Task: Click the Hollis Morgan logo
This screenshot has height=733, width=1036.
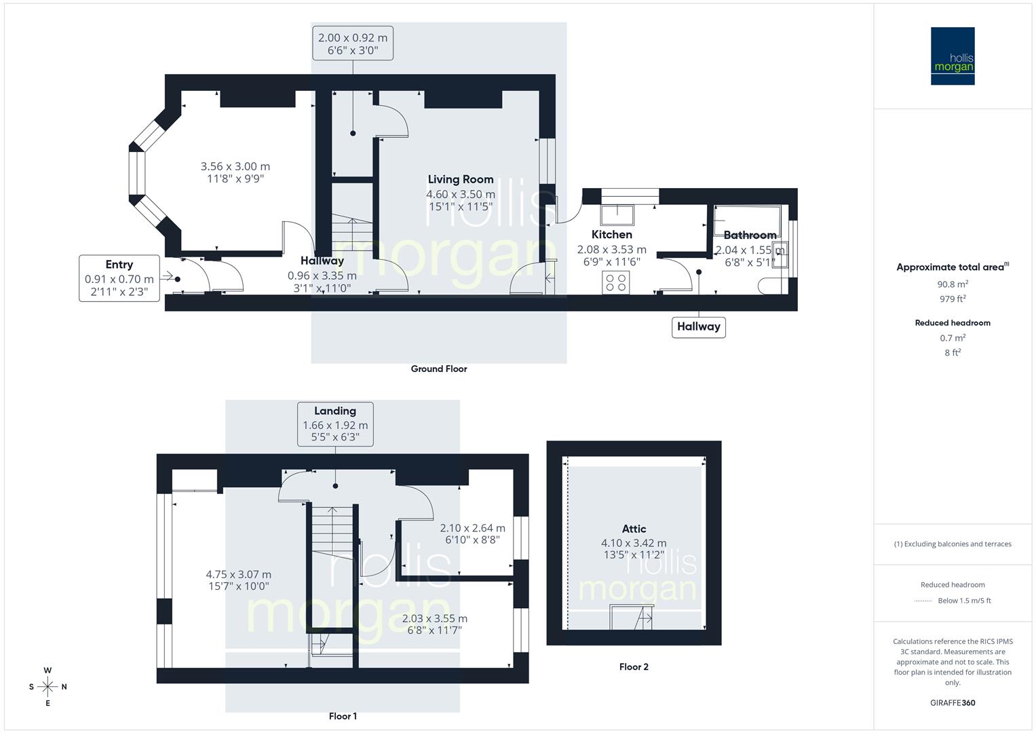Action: [x=952, y=56]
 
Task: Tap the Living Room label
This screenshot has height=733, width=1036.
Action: [x=460, y=180]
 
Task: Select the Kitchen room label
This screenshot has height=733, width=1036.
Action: [x=611, y=235]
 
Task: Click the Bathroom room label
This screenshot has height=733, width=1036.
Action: [x=750, y=235]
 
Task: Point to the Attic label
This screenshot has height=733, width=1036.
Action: [x=634, y=529]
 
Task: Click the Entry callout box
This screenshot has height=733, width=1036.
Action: [x=119, y=278]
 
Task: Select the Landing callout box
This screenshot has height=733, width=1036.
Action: [x=335, y=424]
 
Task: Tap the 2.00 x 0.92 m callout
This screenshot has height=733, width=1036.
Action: [x=352, y=44]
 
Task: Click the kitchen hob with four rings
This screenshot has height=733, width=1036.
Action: [x=616, y=282]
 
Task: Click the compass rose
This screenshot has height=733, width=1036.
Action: [x=47, y=687]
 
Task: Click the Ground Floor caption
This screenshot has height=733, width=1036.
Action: [x=439, y=369]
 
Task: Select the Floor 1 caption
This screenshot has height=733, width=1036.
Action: [x=343, y=716]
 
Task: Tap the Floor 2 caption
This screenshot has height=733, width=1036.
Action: [x=634, y=667]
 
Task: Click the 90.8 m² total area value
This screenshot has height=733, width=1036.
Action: [x=953, y=284]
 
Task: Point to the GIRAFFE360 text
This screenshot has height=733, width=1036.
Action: [x=953, y=702]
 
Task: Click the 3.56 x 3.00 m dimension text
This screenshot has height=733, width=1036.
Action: [x=235, y=166]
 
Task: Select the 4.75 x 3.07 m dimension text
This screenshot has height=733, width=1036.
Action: [x=238, y=574]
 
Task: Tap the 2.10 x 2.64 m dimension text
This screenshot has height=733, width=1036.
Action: [x=472, y=528]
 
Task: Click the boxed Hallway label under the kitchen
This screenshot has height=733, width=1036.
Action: [x=698, y=326]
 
